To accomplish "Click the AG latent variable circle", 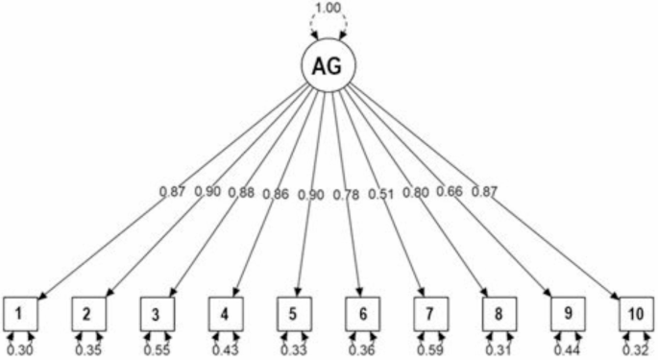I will click(329, 67).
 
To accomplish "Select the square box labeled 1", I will click(26, 312).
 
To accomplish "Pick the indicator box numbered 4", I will click(224, 312).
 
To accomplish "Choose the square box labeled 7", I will click(428, 312).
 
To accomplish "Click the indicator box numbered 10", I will click(634, 312).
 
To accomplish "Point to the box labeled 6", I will click(360, 312).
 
